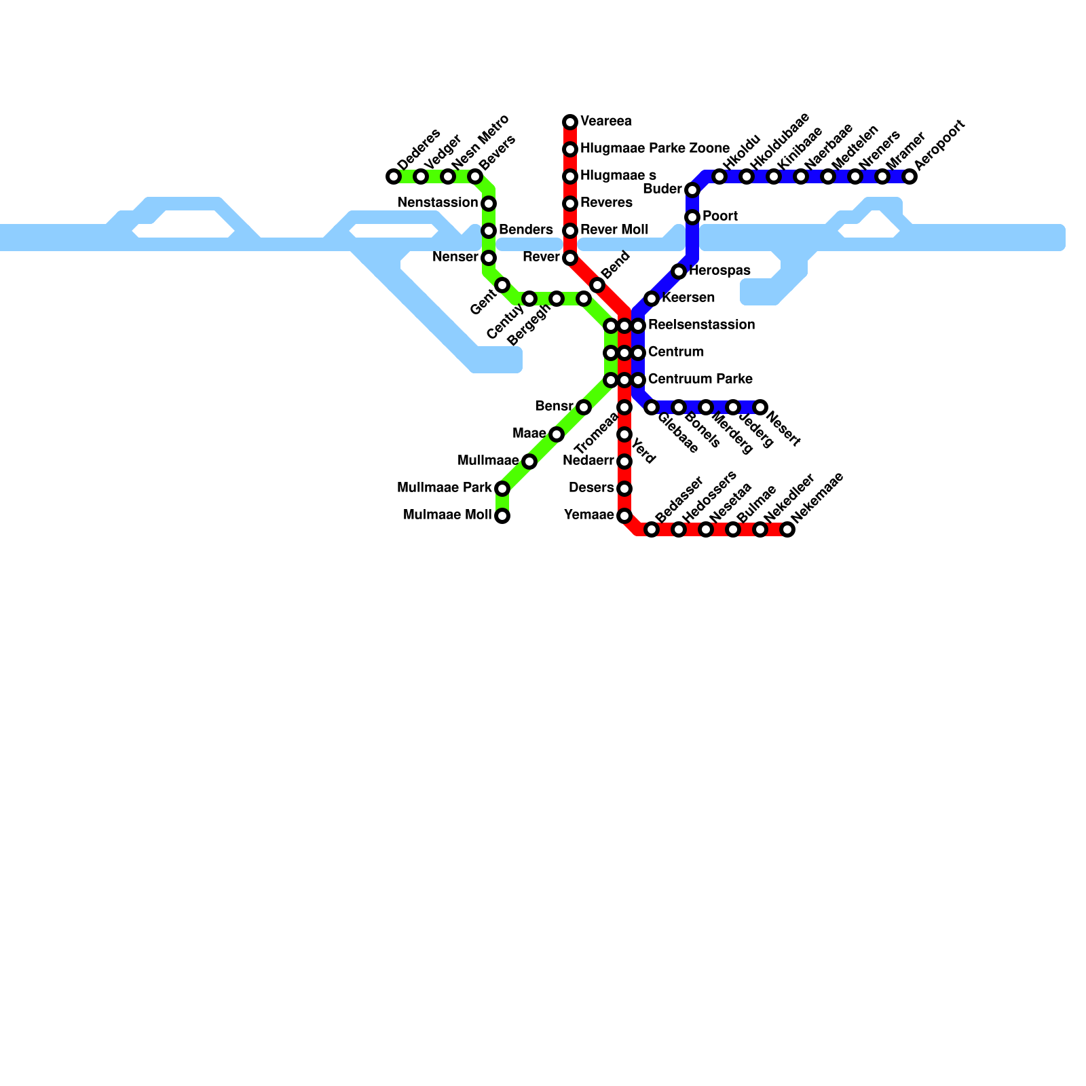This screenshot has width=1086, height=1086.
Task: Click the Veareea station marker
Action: pyautogui.click(x=570, y=122)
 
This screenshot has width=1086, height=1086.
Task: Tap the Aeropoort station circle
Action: pyautogui.click(x=910, y=176)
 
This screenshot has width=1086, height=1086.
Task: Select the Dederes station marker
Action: pyautogui.click(x=394, y=176)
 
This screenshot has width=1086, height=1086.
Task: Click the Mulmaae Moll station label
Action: pyautogui.click(x=447, y=515)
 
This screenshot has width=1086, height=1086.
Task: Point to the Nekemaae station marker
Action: pyautogui.click(x=787, y=529)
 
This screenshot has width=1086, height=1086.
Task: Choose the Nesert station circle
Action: pyautogui.click(x=760, y=407)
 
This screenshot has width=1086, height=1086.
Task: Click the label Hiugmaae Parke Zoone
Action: pyautogui.click(x=654, y=149)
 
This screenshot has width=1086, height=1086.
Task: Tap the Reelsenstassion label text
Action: pyautogui.click(x=701, y=325)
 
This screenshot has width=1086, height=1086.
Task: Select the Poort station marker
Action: pyautogui.click(x=692, y=217)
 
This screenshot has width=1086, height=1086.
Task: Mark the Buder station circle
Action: pyautogui.click(x=692, y=190)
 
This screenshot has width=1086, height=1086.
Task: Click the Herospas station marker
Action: pyautogui.click(x=679, y=271)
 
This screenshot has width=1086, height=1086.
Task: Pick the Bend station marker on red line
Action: pyautogui.click(x=597, y=285)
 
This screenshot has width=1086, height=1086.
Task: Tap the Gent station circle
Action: pyautogui.click(x=502, y=285)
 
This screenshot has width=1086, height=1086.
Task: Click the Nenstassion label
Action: pyautogui.click(x=438, y=203)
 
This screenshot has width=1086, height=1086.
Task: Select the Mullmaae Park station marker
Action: pyautogui.click(x=502, y=489)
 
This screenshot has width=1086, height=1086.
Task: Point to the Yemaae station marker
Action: pyautogui.click(x=624, y=516)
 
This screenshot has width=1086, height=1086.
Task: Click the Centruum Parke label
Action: pyautogui.click(x=700, y=379)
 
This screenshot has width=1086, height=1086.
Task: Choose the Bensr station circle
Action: pyautogui.click(x=584, y=407)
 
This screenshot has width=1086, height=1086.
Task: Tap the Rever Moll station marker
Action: pyautogui.click(x=570, y=231)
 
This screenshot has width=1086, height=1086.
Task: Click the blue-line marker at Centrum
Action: pyautogui.click(x=638, y=353)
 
